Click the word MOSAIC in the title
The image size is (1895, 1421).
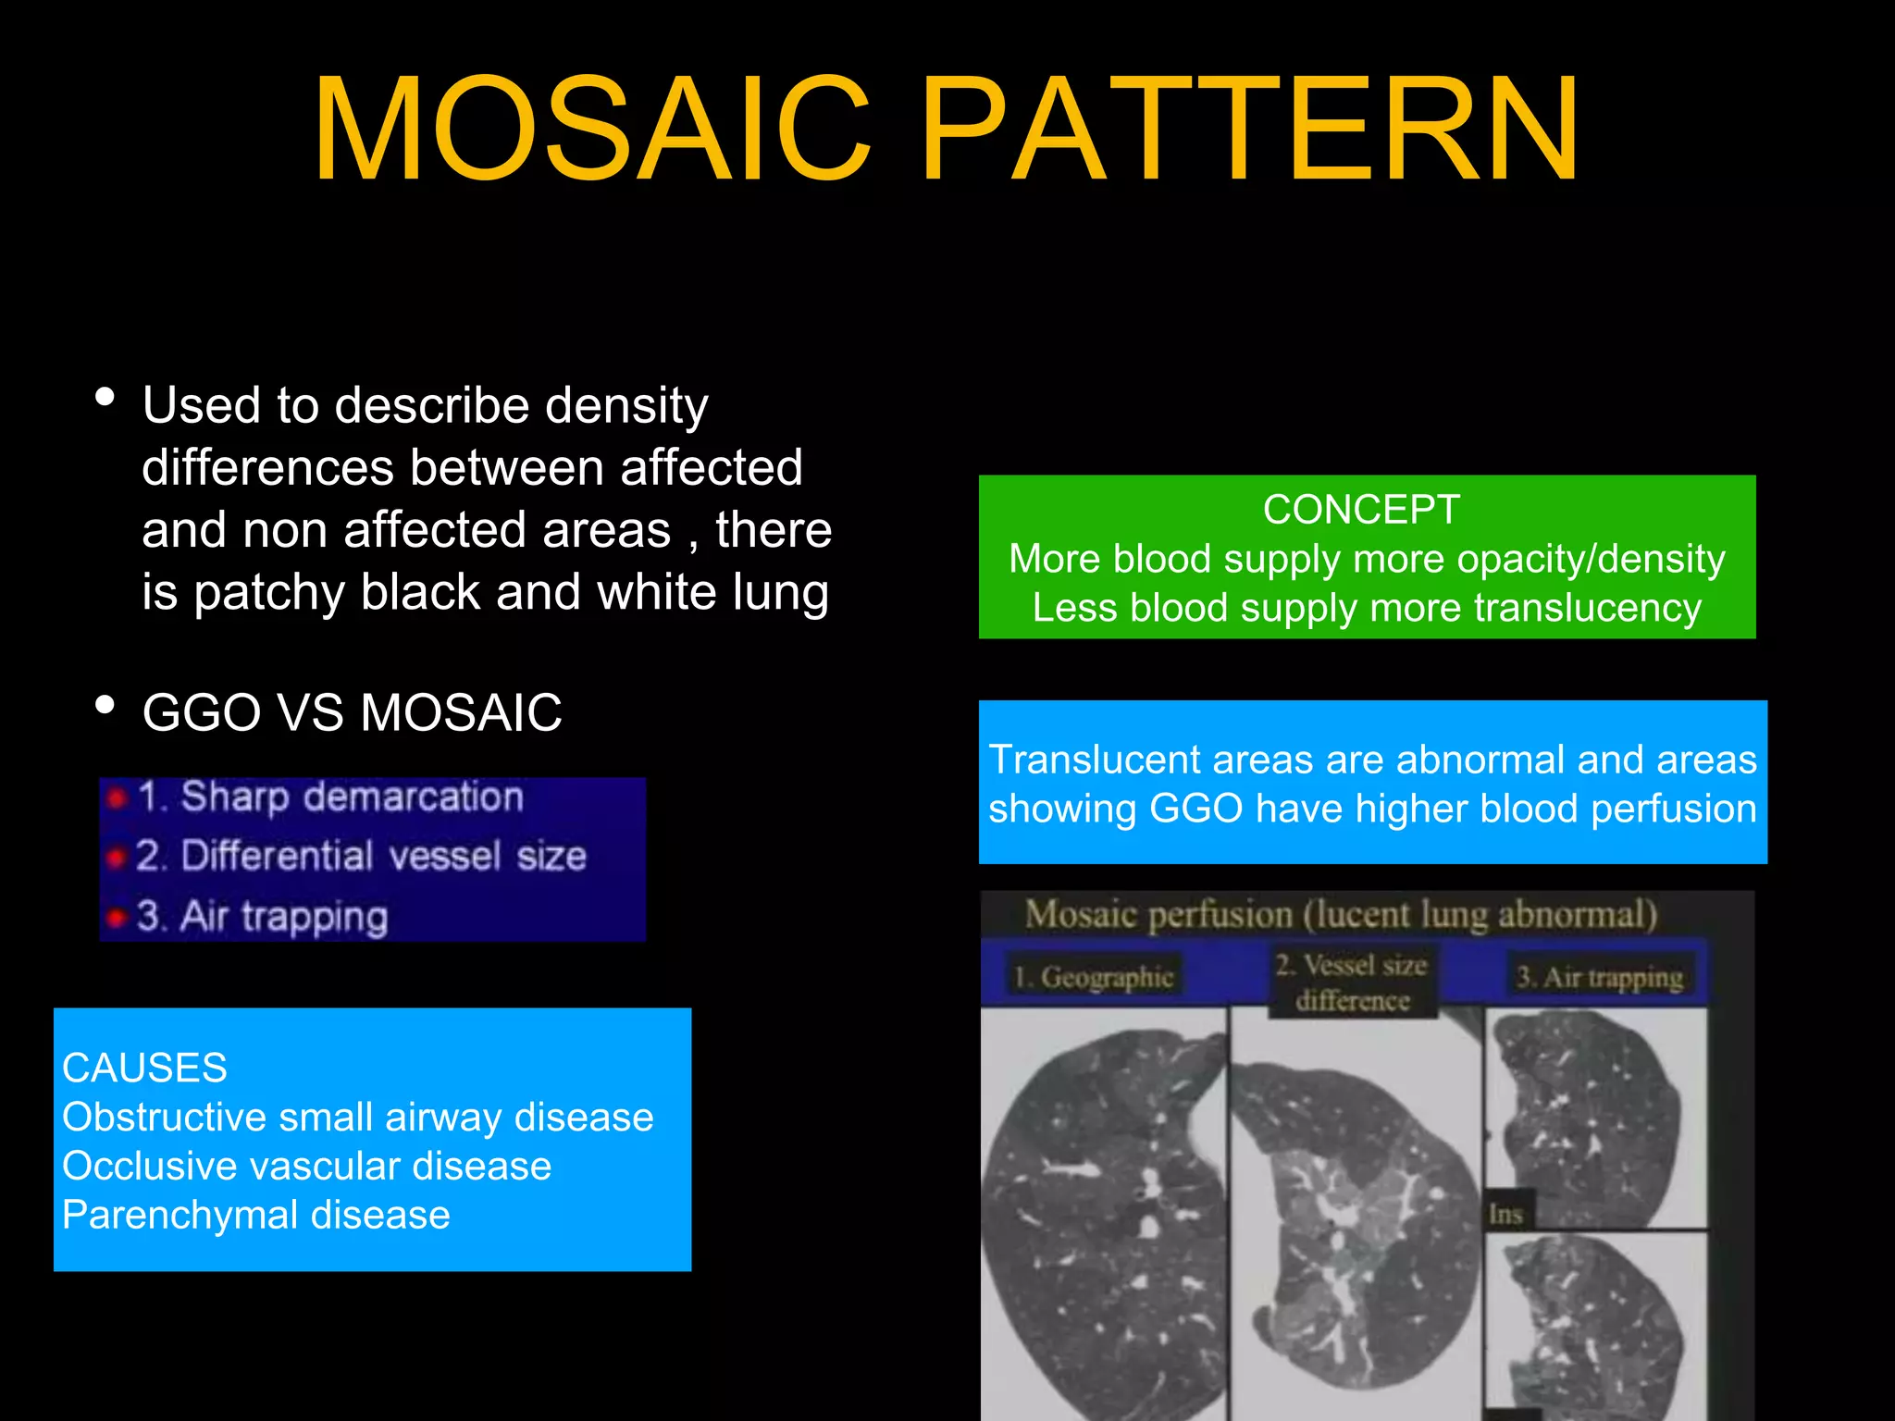pyautogui.click(x=592, y=130)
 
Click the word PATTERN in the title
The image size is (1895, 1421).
pyautogui.click(x=1249, y=130)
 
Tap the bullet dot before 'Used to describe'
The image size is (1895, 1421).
pyautogui.click(x=105, y=398)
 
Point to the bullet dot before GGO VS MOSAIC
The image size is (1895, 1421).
pyautogui.click(x=105, y=706)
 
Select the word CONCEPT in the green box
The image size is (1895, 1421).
pyautogui.click(x=1361, y=510)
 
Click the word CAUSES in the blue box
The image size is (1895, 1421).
pyautogui.click(x=144, y=1068)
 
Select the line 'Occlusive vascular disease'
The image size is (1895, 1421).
pyautogui.click(x=306, y=1166)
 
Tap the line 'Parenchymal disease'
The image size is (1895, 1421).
pyautogui.click(x=255, y=1215)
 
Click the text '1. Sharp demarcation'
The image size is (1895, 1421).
pyautogui.click(x=330, y=797)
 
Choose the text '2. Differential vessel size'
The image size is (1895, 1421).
pyautogui.click(x=361, y=856)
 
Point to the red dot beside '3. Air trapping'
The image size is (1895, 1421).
pyautogui.click(x=116, y=917)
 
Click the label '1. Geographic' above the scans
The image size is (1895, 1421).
pyautogui.click(x=1093, y=977)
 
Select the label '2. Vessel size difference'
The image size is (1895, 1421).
pyautogui.click(x=1352, y=982)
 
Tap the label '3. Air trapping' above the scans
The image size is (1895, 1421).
pyautogui.click(x=1599, y=977)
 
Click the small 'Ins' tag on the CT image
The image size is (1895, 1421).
pyautogui.click(x=1505, y=1214)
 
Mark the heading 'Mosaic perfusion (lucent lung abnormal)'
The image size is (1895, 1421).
pyautogui.click(x=1340, y=914)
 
